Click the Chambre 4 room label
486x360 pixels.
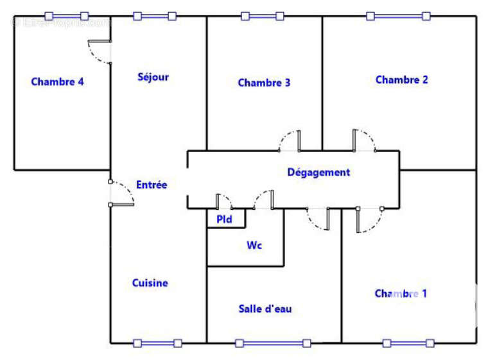coord(58,81)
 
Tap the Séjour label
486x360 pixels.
coord(153,77)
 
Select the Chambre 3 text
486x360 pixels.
coord(264,82)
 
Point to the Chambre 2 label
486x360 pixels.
coord(402,80)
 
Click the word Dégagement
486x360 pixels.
coord(318,172)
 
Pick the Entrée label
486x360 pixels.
coord(152,185)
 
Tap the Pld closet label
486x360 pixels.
coord(224,219)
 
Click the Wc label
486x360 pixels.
coord(254,245)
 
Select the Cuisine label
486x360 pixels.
coord(150,282)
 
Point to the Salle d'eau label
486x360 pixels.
coord(265,309)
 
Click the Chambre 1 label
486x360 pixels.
coord(401,293)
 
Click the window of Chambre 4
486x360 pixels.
coord(67,15)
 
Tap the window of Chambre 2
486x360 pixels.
coord(398,15)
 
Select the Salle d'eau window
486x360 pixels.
coord(273,343)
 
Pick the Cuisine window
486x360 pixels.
coord(157,343)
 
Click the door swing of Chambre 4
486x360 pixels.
coord(100,51)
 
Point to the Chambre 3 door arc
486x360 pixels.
coord(290,141)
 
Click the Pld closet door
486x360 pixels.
coord(223,201)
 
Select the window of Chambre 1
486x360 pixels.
coord(408,343)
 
